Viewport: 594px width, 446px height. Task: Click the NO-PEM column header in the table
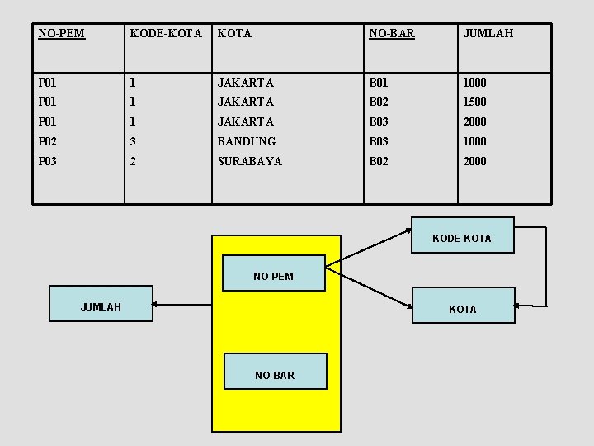tap(62, 34)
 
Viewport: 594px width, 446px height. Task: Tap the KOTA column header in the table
tap(234, 34)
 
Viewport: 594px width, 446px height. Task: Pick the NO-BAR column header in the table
tap(391, 34)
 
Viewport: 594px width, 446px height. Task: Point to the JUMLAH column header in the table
tap(488, 34)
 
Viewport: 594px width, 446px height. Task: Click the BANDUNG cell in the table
tap(246, 141)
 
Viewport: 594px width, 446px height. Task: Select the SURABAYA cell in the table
tap(249, 161)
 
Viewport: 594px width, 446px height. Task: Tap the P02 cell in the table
tap(49, 141)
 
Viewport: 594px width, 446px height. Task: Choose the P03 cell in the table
tap(49, 161)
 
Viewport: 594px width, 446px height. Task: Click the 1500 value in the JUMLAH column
tap(474, 102)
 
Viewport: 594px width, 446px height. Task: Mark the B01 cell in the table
tap(379, 83)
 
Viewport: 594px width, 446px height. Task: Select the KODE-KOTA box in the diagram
tap(462, 237)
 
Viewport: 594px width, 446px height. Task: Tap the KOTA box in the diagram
tap(462, 308)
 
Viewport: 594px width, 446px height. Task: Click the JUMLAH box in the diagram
tap(101, 306)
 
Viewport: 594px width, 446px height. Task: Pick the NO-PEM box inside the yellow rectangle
tap(273, 275)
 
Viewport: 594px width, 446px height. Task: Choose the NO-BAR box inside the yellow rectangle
tap(275, 374)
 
